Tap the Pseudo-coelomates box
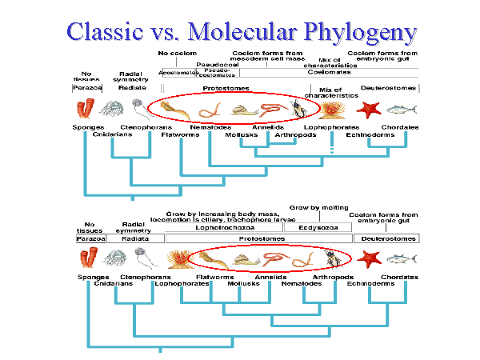[x=218, y=73]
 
